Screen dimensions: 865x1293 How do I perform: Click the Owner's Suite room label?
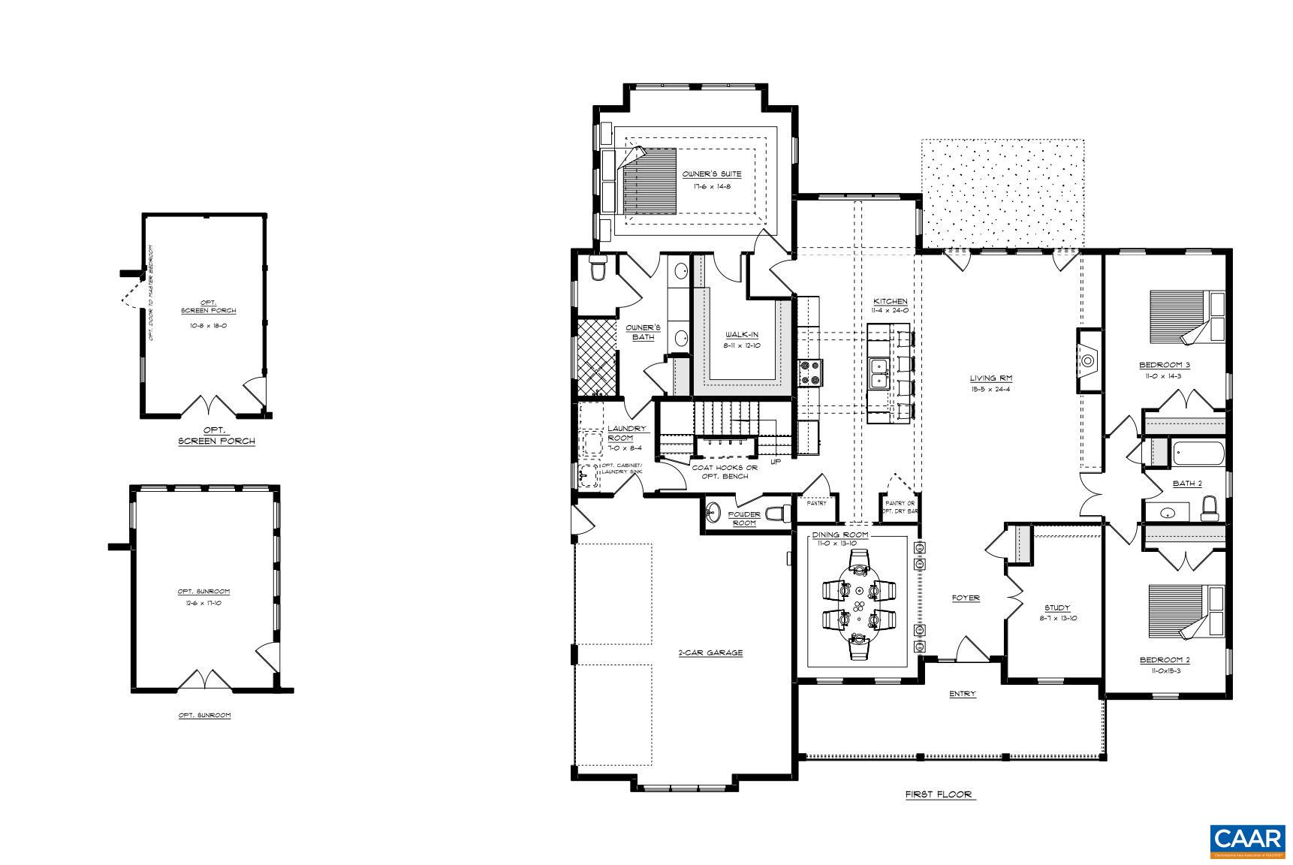[x=711, y=174]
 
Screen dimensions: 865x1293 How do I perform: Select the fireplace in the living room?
[x=1088, y=360]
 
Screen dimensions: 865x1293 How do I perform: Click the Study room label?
[x=1056, y=608]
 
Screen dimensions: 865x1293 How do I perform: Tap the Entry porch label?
[x=962, y=695]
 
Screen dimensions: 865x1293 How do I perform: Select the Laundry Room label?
[x=625, y=433]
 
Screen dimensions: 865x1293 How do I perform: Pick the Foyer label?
[x=966, y=598]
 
